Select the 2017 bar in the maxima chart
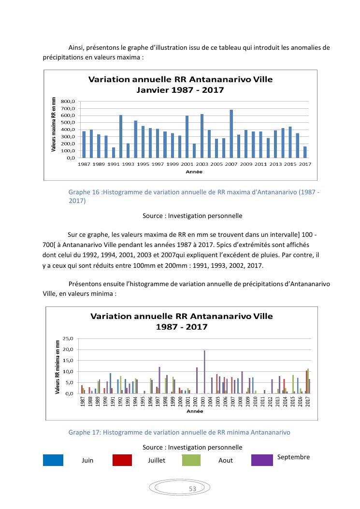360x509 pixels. [x=305, y=152]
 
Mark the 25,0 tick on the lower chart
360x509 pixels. [x=69, y=338]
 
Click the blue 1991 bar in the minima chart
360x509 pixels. [x=110, y=383]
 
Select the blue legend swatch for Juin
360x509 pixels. [x=53, y=460]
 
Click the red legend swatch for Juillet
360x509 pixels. [x=122, y=460]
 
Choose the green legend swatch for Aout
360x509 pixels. [x=191, y=460]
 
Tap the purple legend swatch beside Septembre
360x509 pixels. [x=262, y=460]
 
